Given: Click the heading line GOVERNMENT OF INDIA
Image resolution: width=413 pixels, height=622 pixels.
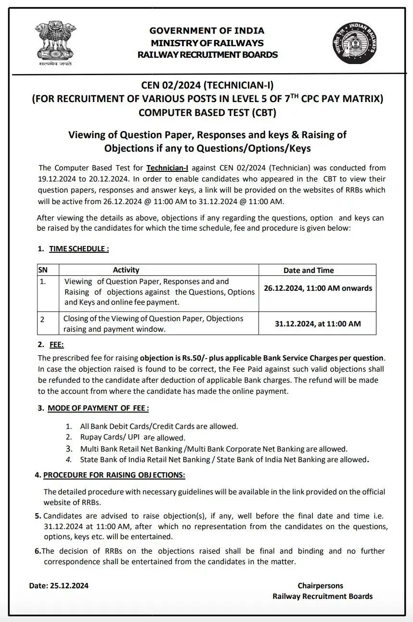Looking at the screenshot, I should pos(207,31).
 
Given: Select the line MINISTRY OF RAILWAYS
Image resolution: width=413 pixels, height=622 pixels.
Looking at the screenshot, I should pos(207,43).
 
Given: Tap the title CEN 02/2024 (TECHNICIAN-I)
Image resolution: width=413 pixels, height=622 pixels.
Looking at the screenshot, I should pos(207,86).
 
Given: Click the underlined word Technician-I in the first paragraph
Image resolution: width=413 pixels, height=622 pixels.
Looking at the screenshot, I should pos(167,168).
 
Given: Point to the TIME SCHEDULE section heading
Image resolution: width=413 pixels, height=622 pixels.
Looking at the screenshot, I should pos(79,249).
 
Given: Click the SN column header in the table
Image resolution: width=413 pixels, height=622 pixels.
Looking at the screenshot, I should pos(42,270).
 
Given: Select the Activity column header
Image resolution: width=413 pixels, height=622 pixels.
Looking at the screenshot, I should pos(126,270).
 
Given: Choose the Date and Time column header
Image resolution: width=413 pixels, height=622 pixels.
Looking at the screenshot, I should pos(308,270).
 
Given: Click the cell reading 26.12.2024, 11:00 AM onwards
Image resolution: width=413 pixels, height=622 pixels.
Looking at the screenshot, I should pos(318,288).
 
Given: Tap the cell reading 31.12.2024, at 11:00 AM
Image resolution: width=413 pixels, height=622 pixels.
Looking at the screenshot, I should pos(318,324).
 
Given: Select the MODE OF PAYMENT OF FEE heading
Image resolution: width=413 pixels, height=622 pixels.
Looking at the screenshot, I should pos(98,408).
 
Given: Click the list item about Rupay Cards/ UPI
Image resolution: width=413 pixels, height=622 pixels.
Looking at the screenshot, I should pos(132,438).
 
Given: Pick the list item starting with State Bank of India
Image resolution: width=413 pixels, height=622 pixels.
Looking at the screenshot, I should pos(224,460).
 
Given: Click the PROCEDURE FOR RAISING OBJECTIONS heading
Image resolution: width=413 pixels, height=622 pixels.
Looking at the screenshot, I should pos(114,475).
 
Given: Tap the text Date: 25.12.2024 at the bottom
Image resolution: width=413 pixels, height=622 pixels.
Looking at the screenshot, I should pos(59,586).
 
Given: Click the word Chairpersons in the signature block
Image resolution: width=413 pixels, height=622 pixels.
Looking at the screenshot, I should pos(320,586).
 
